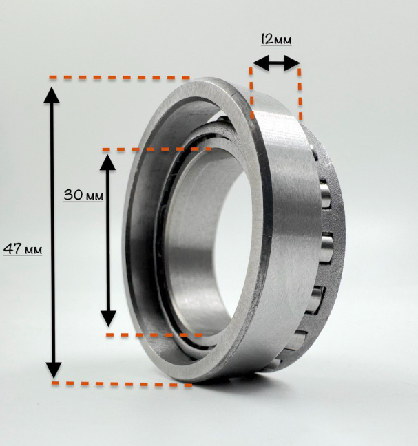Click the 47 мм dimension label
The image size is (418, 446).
23,248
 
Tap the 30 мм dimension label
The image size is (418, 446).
83,195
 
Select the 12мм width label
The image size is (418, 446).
276,39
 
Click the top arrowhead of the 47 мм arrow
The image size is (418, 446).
52,95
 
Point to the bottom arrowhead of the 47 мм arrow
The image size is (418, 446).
54,370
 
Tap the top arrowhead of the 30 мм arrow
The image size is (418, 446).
107,162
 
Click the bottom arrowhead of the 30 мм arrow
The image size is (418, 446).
108,319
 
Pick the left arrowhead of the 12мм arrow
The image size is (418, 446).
260,63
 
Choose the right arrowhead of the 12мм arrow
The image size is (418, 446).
292,63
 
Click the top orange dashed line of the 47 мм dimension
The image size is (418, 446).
120,77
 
